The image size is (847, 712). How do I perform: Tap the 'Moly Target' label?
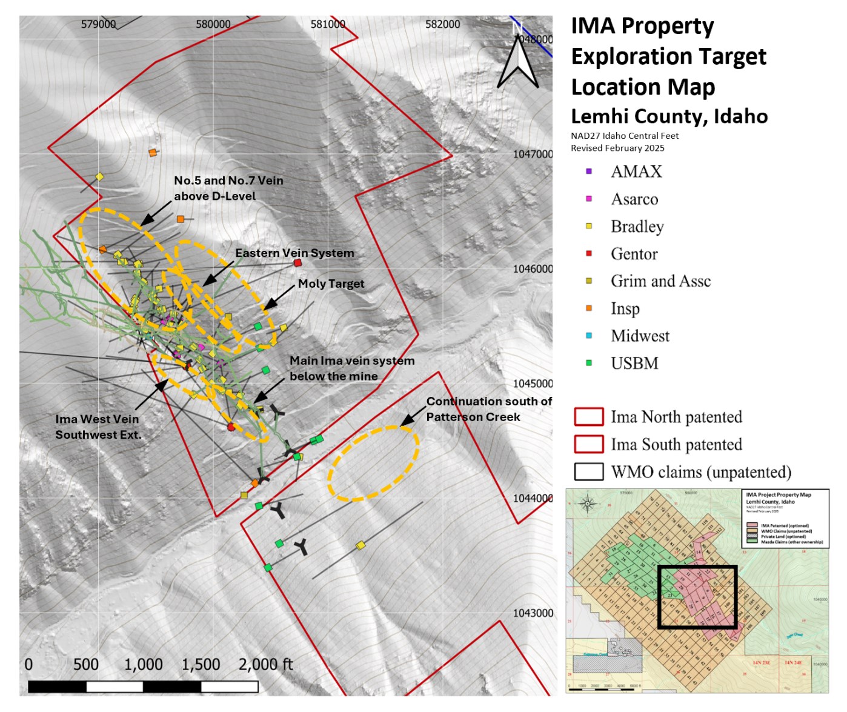point(331,284)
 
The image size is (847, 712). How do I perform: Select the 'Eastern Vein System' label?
point(294,253)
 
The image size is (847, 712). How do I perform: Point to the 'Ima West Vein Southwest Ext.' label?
point(98,427)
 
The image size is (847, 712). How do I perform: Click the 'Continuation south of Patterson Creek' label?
point(488,409)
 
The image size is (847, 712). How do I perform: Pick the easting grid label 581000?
point(328,24)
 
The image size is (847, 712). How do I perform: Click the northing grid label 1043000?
point(533,613)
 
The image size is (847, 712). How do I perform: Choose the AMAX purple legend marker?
point(589,171)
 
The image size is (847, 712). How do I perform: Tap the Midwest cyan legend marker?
point(589,336)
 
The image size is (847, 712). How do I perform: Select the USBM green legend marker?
point(589,363)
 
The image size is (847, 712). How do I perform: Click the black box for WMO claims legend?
point(589,472)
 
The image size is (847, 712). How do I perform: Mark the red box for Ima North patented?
point(589,417)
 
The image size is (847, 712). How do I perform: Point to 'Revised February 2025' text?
point(617,148)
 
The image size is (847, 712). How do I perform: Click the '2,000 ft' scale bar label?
point(265,665)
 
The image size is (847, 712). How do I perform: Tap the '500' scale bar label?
point(86,665)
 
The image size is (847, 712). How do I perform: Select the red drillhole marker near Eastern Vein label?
point(297,263)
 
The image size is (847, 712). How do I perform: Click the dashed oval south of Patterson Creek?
point(373,464)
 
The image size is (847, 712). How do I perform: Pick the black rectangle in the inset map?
point(697,597)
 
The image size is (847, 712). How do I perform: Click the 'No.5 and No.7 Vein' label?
point(228,181)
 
